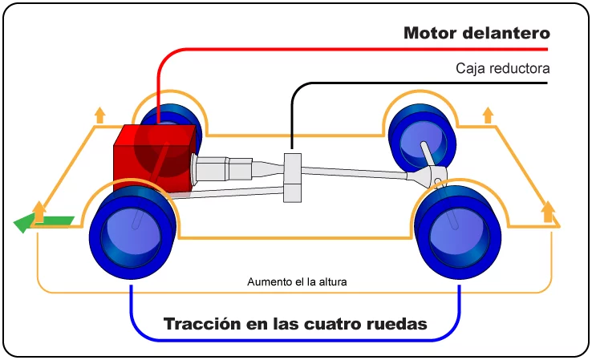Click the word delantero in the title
pyautogui.click(x=506, y=33)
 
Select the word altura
pyautogui.click(x=333, y=282)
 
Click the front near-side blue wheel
pyautogui.click(x=132, y=232)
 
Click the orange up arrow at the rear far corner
pyautogui.click(x=489, y=115)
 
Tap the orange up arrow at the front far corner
pyautogui.click(x=100, y=115)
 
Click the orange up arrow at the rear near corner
pyautogui.click(x=548, y=212)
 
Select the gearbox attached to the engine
pyautogui.click(x=223, y=170)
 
